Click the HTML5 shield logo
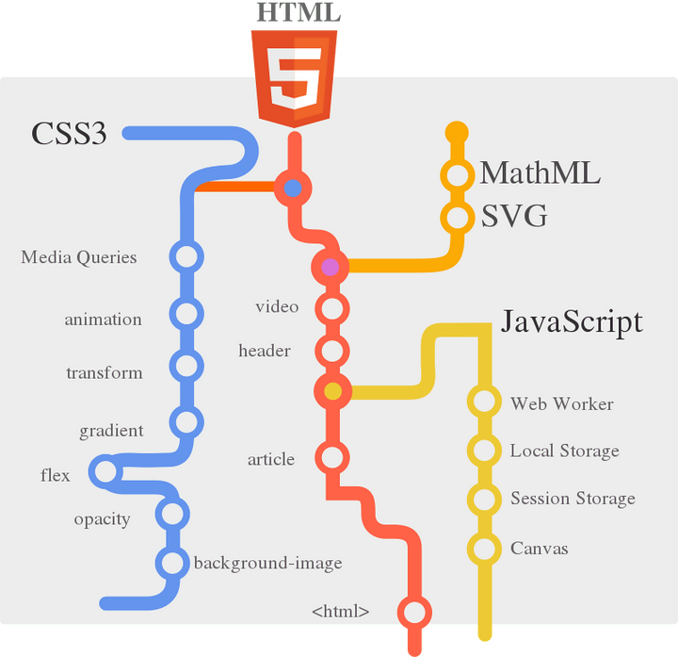[x=293, y=77]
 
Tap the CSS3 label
[x=69, y=134]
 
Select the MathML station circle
[x=457, y=175]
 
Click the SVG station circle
[x=457, y=218]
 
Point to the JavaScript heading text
[x=572, y=321]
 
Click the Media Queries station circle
[x=186, y=256]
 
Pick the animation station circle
[x=186, y=314]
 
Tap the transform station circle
[x=186, y=365]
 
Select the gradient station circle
[x=186, y=422]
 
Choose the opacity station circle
[x=171, y=514]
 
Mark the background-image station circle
[x=171, y=564]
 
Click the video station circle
[x=331, y=307]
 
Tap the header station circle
[x=331, y=351]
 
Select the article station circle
[x=331, y=458]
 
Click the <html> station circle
[x=413, y=611]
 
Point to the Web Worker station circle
[x=484, y=402]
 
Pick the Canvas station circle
[x=484, y=548]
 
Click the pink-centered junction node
[x=330, y=267]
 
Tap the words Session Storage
[x=573, y=499]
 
